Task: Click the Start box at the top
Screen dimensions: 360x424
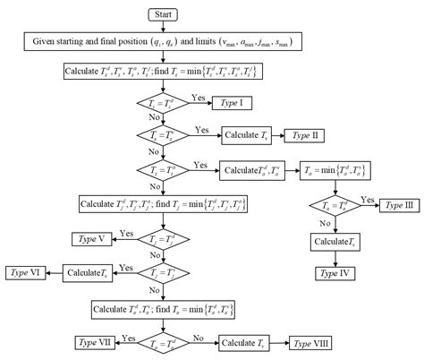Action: pos(165,13)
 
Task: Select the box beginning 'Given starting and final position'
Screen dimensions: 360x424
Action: pos(165,42)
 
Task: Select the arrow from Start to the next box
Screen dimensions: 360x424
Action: pos(165,27)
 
